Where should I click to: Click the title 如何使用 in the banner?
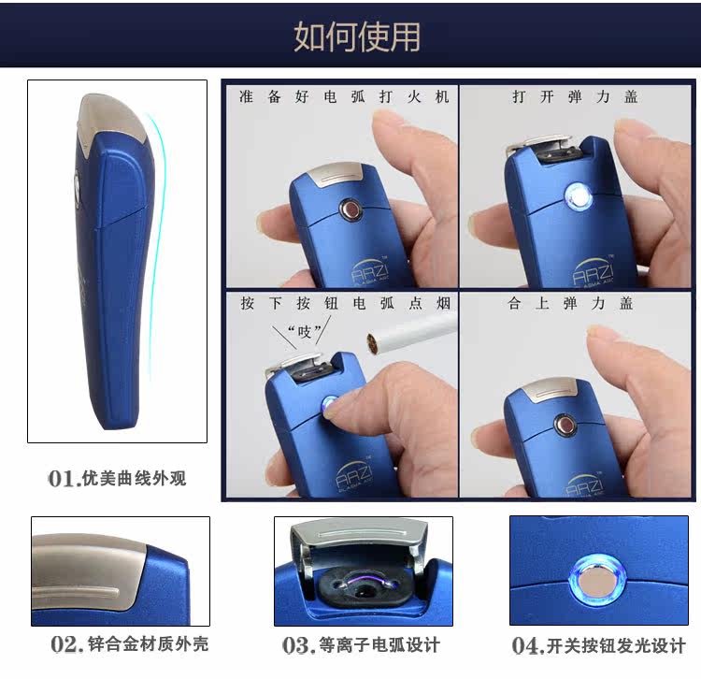[357, 36]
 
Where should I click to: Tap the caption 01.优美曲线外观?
[117, 478]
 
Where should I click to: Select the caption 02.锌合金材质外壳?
[129, 644]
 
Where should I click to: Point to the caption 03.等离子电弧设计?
[361, 645]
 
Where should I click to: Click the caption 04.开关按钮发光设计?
[598, 645]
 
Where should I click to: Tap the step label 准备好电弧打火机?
[344, 96]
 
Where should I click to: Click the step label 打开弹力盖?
[575, 96]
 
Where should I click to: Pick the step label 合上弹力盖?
[570, 303]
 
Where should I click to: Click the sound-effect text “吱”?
[305, 332]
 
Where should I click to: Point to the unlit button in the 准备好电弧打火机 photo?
[350, 209]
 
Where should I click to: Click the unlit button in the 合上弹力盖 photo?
[565, 424]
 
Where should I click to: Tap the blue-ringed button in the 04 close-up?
[597, 580]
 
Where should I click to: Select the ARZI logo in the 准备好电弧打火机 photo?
[369, 270]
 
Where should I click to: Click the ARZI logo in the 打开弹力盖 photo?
[593, 269]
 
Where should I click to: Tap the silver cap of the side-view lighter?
[113, 115]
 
